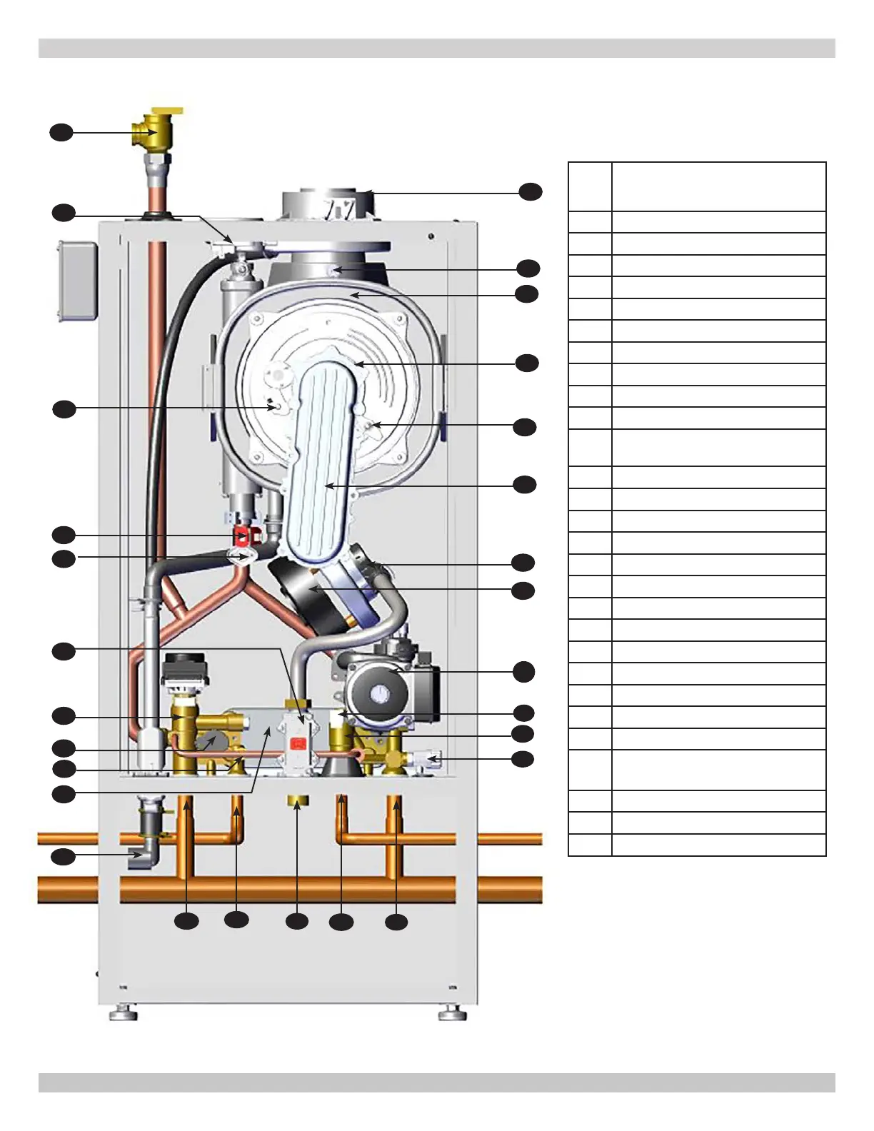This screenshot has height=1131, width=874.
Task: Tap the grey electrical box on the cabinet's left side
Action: point(77,281)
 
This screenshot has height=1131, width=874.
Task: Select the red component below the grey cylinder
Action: point(243,536)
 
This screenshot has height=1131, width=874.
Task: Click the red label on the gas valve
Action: point(297,744)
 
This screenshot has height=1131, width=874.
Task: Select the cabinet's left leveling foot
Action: point(124,1012)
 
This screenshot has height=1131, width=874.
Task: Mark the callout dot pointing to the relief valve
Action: point(61,132)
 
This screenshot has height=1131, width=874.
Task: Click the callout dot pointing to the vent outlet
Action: point(531,191)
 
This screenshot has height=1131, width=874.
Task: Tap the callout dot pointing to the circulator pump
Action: point(524,671)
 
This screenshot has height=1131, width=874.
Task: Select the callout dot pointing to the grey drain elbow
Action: point(63,856)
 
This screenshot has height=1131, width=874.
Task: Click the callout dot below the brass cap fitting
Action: point(297,922)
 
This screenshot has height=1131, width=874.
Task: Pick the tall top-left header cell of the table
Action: point(590,186)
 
